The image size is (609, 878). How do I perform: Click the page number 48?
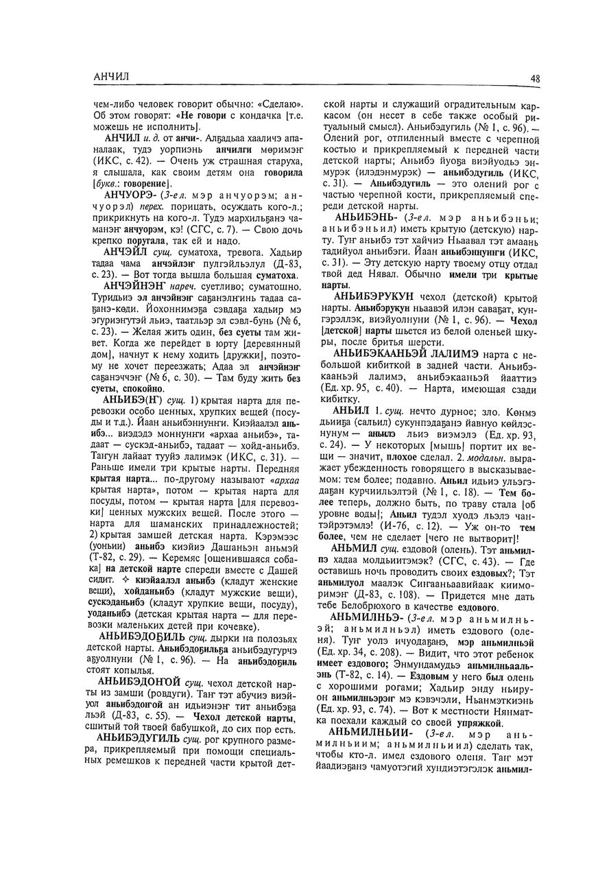coord(535,79)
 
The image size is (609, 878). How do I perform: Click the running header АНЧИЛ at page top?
coord(111,76)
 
